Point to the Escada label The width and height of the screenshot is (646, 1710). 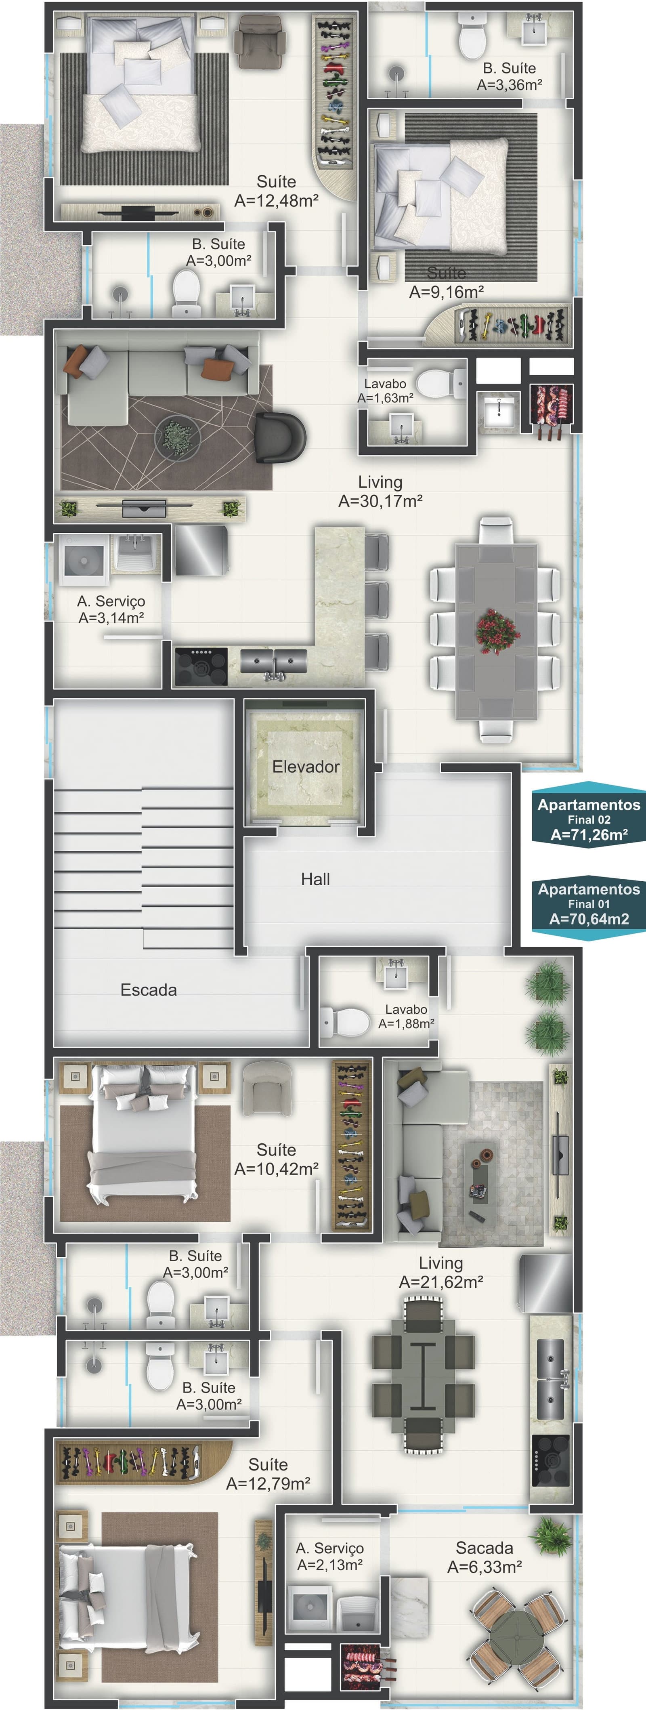click(149, 990)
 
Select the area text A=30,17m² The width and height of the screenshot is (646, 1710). click(380, 501)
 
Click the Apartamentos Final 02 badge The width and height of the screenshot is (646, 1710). click(589, 819)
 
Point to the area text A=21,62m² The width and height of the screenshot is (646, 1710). click(441, 1283)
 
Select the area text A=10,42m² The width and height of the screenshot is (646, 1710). click(276, 1169)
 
